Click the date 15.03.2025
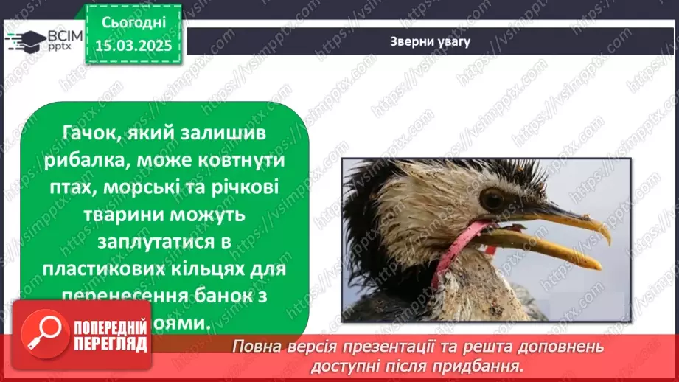point(133,45)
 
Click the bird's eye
point(492,198)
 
